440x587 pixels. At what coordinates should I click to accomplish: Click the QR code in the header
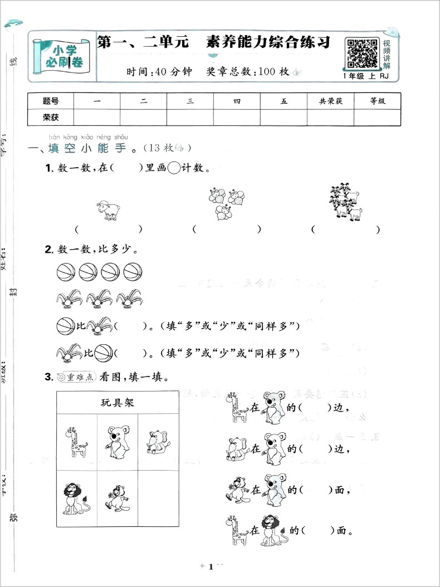pyautogui.click(x=363, y=53)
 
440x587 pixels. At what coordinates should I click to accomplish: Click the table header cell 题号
pyautogui.click(x=51, y=101)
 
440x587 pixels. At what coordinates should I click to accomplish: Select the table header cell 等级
pyautogui.click(x=377, y=101)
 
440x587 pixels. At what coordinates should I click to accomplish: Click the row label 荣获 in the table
pyautogui.click(x=51, y=118)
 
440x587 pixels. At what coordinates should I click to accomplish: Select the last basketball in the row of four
pyautogui.click(x=133, y=272)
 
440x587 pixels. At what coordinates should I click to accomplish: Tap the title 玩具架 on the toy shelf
pyautogui.click(x=118, y=402)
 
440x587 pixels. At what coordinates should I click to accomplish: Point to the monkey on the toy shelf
pyautogui.click(x=117, y=497)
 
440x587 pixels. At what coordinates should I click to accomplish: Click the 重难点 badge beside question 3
pyautogui.click(x=76, y=377)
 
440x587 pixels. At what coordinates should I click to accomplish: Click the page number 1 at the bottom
pyautogui.click(x=211, y=568)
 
